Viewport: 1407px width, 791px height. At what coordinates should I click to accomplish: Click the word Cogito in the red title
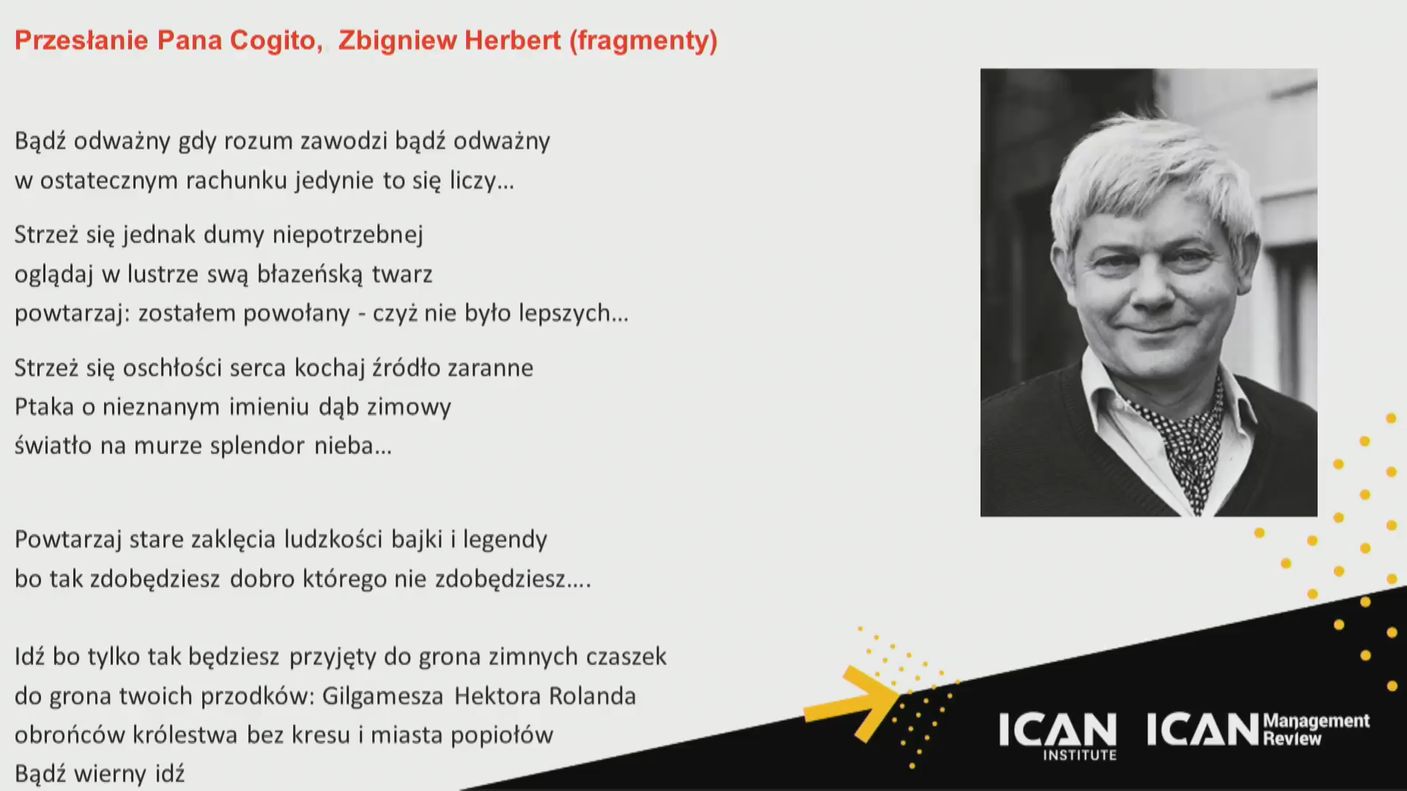276,40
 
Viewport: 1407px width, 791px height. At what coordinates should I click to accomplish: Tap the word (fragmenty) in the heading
643,41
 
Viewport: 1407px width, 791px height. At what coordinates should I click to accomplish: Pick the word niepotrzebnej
348,235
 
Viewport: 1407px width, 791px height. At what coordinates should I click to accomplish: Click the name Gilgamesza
383,696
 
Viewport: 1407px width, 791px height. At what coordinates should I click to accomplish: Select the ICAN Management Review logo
1258,729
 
